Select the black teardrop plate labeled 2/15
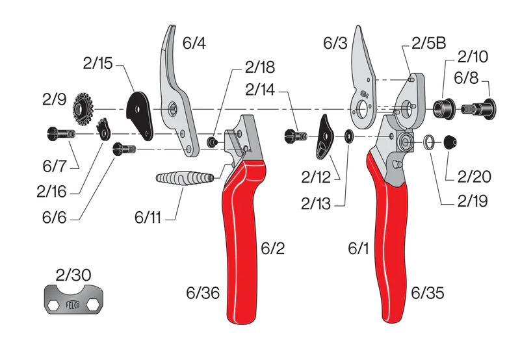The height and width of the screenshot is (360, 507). (x=140, y=113)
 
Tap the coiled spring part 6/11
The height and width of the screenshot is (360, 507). (x=185, y=177)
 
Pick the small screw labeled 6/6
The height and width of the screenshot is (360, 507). (x=123, y=148)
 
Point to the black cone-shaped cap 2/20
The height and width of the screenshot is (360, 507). (x=450, y=142)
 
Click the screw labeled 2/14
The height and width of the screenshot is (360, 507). (x=294, y=136)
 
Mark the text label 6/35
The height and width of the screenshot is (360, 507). (x=428, y=293)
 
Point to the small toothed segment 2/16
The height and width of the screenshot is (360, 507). (x=103, y=128)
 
